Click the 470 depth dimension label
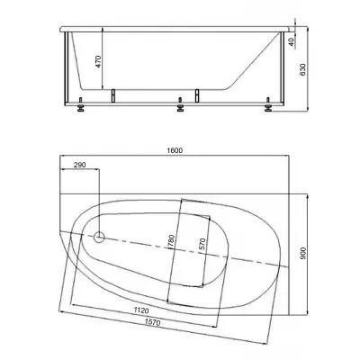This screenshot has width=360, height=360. pos(98,62)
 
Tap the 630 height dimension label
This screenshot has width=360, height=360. pos(303,69)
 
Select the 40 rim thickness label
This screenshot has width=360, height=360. pos(291,41)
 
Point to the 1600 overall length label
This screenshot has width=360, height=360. pos(175,150)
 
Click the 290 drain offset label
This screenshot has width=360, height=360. pos(80,165)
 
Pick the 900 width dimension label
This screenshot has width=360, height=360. pos(303,254)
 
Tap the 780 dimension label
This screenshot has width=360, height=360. pos(172,241)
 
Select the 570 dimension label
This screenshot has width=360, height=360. pos(202,244)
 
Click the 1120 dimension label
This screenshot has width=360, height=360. pos(141,310)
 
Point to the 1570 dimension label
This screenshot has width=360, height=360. pos(152,322)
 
